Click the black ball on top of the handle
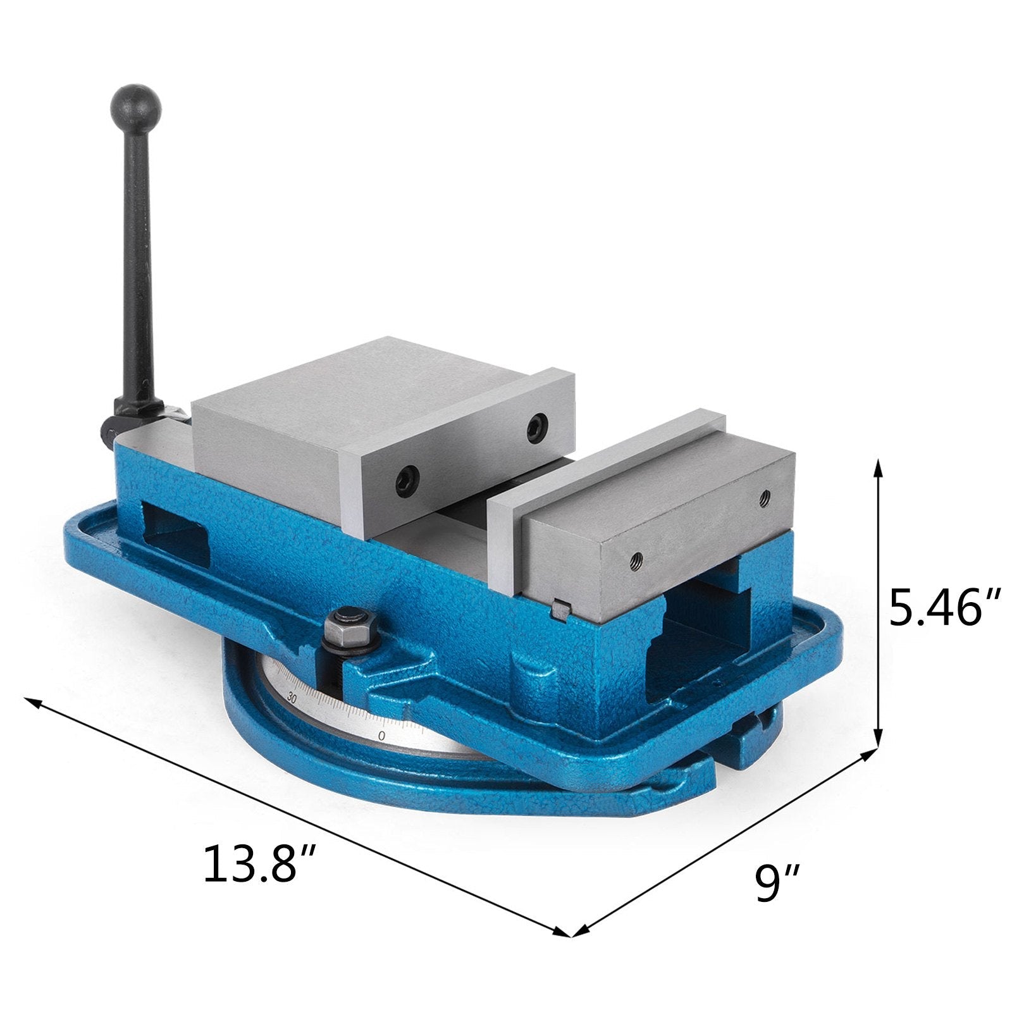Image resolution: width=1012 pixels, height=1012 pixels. pyautogui.click(x=135, y=105)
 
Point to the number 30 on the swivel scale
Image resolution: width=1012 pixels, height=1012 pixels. pyautogui.click(x=292, y=699)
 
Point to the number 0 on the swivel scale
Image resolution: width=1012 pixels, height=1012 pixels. pyautogui.click(x=381, y=736)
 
